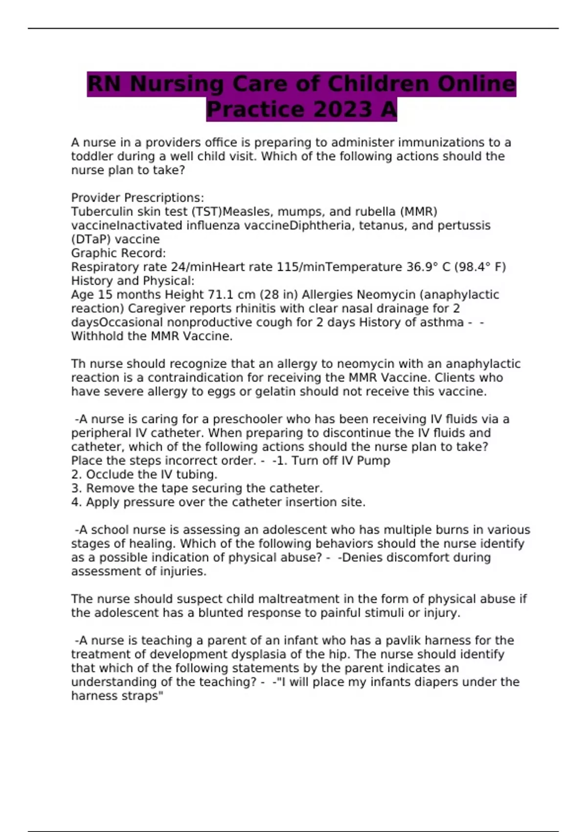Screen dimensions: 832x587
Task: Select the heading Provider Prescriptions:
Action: [x=137, y=198]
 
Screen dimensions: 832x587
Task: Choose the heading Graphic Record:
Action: [x=118, y=253]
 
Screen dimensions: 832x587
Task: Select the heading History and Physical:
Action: [x=133, y=281]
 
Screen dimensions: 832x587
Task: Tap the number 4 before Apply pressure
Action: [x=75, y=502]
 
